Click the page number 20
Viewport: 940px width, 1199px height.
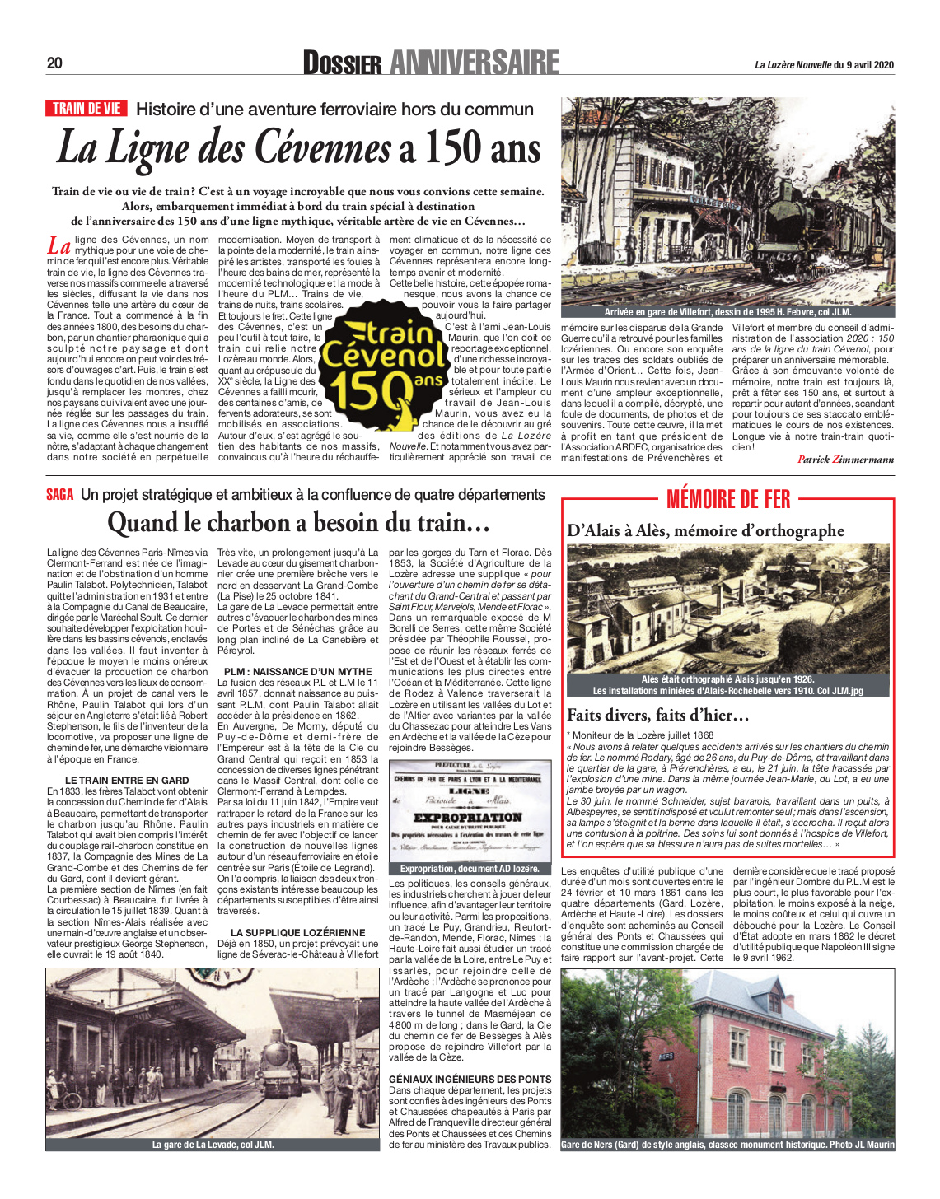point(54,63)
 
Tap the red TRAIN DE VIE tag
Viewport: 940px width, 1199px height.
point(87,109)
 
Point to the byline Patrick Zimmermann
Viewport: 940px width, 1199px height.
point(845,460)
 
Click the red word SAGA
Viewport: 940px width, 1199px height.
point(59,495)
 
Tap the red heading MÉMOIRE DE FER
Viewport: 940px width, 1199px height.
point(727,499)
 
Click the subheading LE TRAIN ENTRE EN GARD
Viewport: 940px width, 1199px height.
point(127,781)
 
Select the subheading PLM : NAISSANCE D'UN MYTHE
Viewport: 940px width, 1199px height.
point(297,672)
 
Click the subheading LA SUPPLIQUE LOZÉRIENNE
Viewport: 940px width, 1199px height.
point(297,933)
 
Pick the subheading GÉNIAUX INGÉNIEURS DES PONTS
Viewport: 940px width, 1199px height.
point(470,1079)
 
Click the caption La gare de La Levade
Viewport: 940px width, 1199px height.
point(213,1145)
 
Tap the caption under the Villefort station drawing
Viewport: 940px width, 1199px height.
point(727,312)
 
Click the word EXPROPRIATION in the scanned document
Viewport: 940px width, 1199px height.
point(467,818)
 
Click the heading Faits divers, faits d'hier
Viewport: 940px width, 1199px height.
point(657,715)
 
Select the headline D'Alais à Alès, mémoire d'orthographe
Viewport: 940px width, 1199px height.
point(705,531)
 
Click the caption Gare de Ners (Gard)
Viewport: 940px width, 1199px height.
point(727,1145)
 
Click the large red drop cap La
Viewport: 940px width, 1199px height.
point(58,246)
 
